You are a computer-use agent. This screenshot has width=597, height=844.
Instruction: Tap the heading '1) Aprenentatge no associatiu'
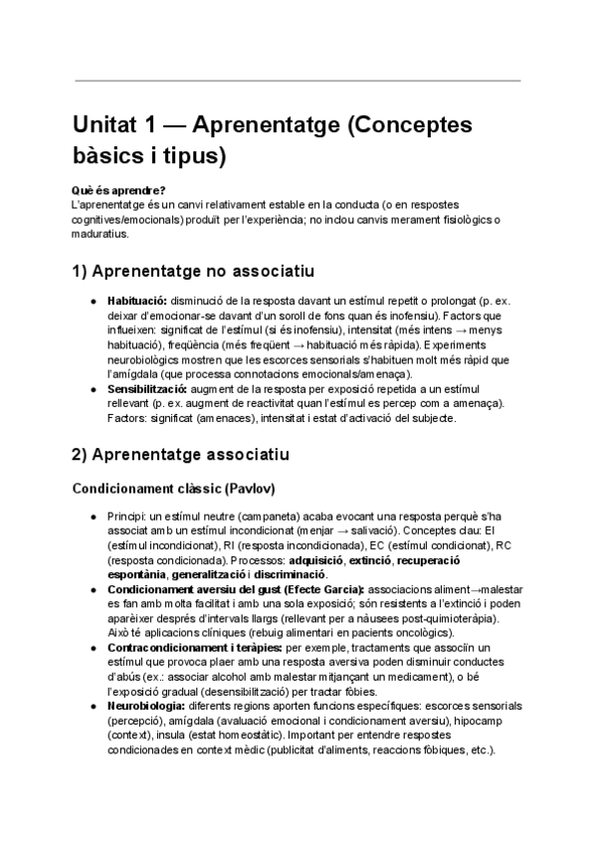(x=193, y=270)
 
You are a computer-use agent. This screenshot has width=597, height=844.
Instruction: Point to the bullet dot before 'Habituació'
(x=93, y=300)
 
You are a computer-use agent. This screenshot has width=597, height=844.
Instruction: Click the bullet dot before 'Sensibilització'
(x=93, y=386)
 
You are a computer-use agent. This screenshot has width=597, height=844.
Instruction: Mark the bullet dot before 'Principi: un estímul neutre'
(x=93, y=518)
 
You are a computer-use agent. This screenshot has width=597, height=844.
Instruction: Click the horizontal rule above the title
(x=298, y=81)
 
